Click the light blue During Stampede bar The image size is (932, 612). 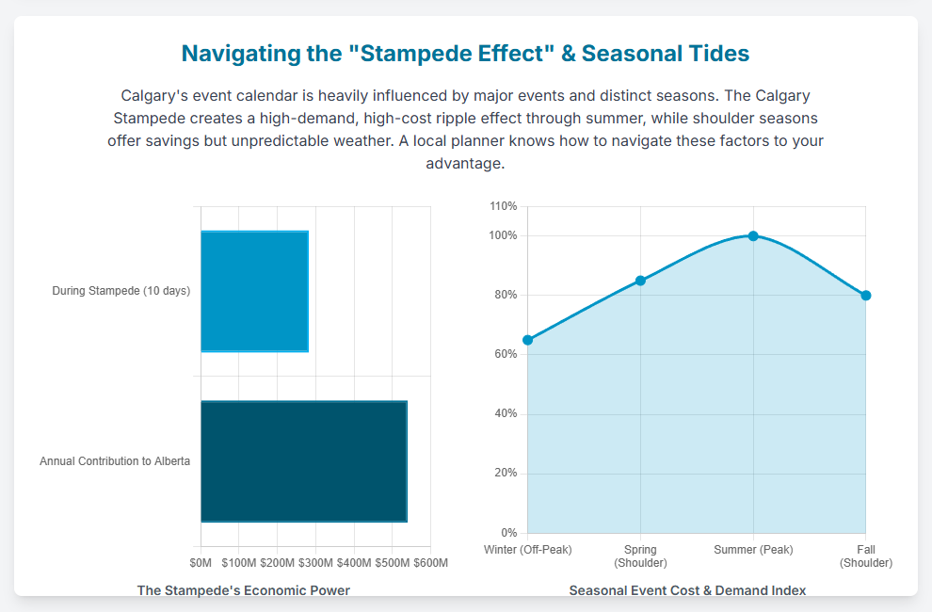pyautogui.click(x=254, y=291)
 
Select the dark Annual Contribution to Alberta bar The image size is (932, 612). pyautogui.click(x=303, y=461)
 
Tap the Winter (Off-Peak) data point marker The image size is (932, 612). pyautogui.click(x=527, y=340)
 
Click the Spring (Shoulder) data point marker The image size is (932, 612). pyautogui.click(x=640, y=281)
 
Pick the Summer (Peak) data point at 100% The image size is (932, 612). pyautogui.click(x=753, y=235)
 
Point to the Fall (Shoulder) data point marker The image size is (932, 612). pyautogui.click(x=866, y=296)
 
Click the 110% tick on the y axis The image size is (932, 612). pyautogui.click(x=504, y=206)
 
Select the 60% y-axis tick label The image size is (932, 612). pyautogui.click(x=506, y=355)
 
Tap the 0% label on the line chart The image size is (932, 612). pyautogui.click(x=508, y=533)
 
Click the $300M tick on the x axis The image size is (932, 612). pyautogui.click(x=315, y=563)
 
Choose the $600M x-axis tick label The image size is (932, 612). pyautogui.click(x=430, y=563)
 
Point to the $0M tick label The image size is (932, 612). pyautogui.click(x=201, y=563)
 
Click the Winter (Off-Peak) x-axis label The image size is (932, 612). pyautogui.click(x=527, y=550)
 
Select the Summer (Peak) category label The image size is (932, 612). pyautogui.click(x=753, y=550)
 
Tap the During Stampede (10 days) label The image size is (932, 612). pyautogui.click(x=121, y=291)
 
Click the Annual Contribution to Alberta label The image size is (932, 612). pyautogui.click(x=115, y=461)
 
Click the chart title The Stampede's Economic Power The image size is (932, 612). pyautogui.click(x=244, y=590)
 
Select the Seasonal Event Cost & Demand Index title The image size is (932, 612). pyautogui.click(x=687, y=590)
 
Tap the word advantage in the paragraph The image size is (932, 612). pyautogui.click(x=463, y=163)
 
